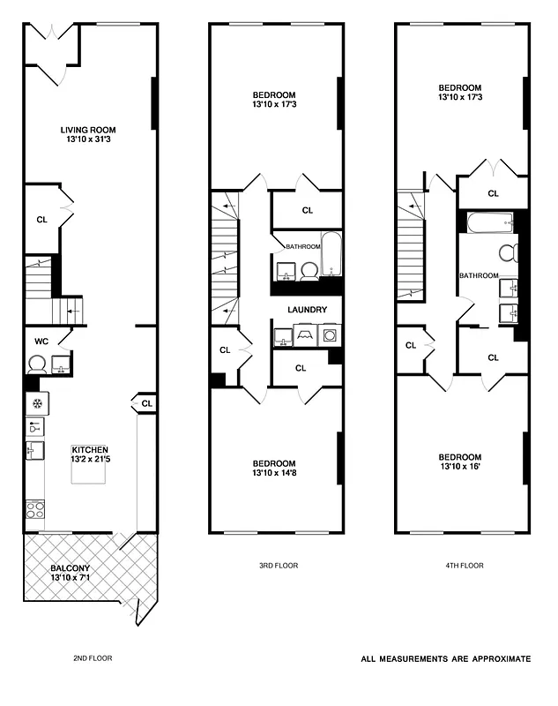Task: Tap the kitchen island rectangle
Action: pyautogui.click(x=88, y=477)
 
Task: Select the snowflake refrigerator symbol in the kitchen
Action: pyautogui.click(x=37, y=404)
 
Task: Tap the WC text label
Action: pyautogui.click(x=41, y=341)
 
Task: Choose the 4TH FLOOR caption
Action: pyautogui.click(x=460, y=566)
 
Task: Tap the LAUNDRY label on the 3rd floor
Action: pyautogui.click(x=308, y=310)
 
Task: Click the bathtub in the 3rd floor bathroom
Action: pyautogui.click(x=332, y=253)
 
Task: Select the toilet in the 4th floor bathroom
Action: pyautogui.click(x=508, y=253)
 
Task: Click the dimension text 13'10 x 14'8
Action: pyautogui.click(x=274, y=474)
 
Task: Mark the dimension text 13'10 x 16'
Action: pyautogui.click(x=460, y=468)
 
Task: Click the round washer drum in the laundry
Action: pyautogui.click(x=330, y=335)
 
